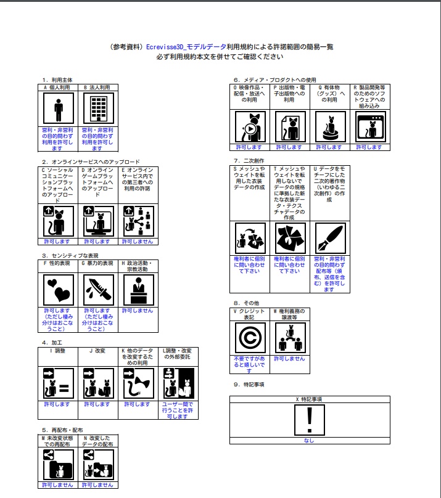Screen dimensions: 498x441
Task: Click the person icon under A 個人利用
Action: (x=58, y=110)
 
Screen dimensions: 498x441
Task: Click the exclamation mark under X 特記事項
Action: (x=309, y=420)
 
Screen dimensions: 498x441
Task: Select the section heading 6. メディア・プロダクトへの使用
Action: (x=274, y=80)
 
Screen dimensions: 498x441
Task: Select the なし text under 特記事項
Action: (x=309, y=440)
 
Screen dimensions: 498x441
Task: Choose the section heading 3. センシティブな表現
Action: (x=70, y=255)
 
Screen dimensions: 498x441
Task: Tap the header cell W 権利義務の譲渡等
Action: (x=289, y=314)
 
